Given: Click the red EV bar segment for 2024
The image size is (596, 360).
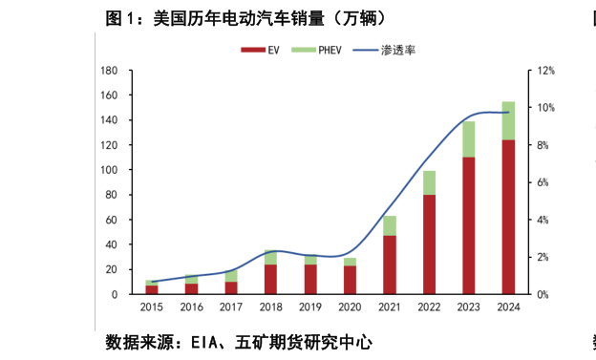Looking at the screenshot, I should pyautogui.click(x=508, y=217).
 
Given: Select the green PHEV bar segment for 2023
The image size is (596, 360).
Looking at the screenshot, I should pyautogui.click(x=469, y=139).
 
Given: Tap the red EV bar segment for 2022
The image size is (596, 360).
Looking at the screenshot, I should pyautogui.click(x=429, y=244).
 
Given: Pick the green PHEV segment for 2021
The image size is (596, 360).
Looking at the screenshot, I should pyautogui.click(x=390, y=225).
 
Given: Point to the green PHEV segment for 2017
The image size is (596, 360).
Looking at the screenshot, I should pyautogui.click(x=231, y=276).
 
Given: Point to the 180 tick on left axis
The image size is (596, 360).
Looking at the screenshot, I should pyautogui.click(x=108, y=71).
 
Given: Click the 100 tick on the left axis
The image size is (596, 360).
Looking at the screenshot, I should pyautogui.click(x=108, y=170).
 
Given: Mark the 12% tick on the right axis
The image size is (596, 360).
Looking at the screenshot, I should pyautogui.click(x=545, y=71).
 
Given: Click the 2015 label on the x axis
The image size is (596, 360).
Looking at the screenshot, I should pyautogui.click(x=152, y=308).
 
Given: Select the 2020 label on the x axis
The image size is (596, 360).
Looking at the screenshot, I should pyautogui.click(x=350, y=308).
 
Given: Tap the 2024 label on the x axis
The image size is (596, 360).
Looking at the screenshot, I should pyautogui.click(x=508, y=308).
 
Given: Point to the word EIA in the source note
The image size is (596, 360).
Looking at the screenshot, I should pyautogui.click(x=208, y=342).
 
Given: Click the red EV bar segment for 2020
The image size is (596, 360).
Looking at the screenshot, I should pyautogui.click(x=350, y=280).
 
